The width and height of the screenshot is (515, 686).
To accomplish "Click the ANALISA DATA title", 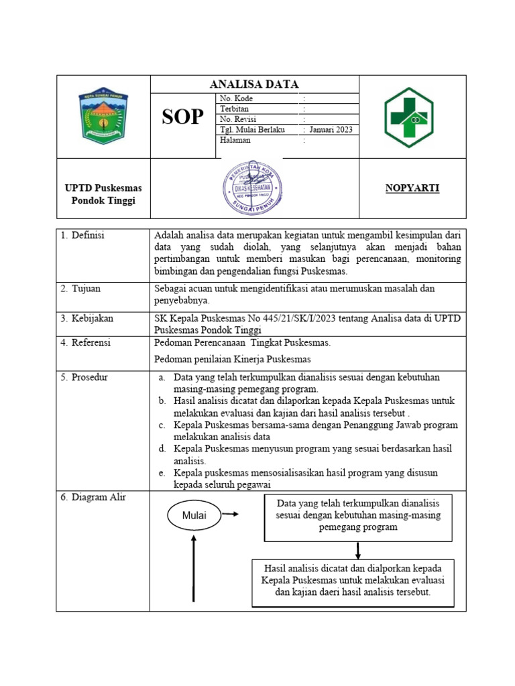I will click(254, 84).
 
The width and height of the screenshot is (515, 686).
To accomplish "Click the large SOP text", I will click(182, 117).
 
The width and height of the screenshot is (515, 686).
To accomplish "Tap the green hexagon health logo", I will click(408, 117).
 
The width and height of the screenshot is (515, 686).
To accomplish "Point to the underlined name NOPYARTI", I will click(412, 188).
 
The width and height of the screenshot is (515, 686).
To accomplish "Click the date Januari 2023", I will click(331, 130).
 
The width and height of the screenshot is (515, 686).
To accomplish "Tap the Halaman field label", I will click(235, 140).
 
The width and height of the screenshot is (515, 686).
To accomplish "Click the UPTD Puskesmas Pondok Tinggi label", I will click(103, 194).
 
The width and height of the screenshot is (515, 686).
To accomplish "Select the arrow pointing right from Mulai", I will click(230, 514).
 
